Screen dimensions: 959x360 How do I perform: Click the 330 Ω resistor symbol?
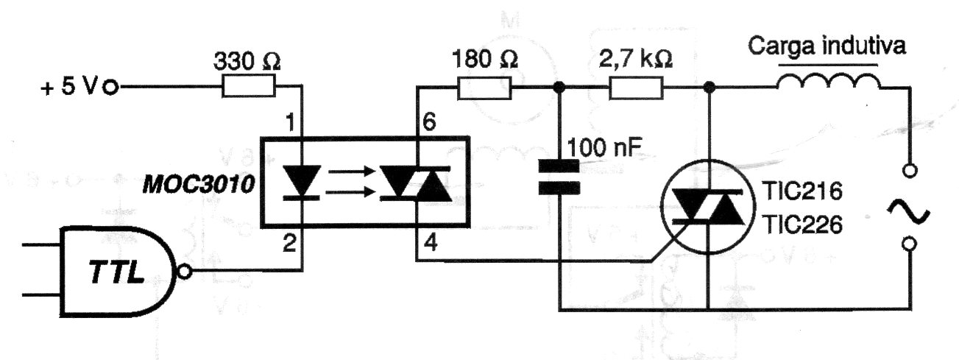pos(249,86)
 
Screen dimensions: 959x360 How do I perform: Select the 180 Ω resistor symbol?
pos(484,88)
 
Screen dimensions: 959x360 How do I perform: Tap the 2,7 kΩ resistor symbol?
pos(636,88)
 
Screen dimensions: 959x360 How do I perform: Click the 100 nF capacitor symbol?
pos(559,177)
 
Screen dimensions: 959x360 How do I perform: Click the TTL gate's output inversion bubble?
pos(184,272)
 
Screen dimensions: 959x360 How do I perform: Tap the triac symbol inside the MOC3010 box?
pos(416,183)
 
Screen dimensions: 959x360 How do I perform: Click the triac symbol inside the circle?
pos(707,207)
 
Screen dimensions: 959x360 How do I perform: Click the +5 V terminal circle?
pos(111,88)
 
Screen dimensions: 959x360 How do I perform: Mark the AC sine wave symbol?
pos(908,211)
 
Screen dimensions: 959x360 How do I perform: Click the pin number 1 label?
pos(290,122)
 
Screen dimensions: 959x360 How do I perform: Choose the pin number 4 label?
pos(431,243)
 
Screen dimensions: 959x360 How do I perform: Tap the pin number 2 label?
pos(289,243)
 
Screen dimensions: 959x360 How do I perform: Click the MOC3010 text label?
pos(199,185)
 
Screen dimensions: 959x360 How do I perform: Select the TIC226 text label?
pos(803,225)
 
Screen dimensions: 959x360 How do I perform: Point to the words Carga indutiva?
pos(827,46)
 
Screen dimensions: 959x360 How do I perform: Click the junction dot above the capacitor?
pos(559,88)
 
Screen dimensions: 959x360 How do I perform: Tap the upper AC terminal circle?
pos(910,171)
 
